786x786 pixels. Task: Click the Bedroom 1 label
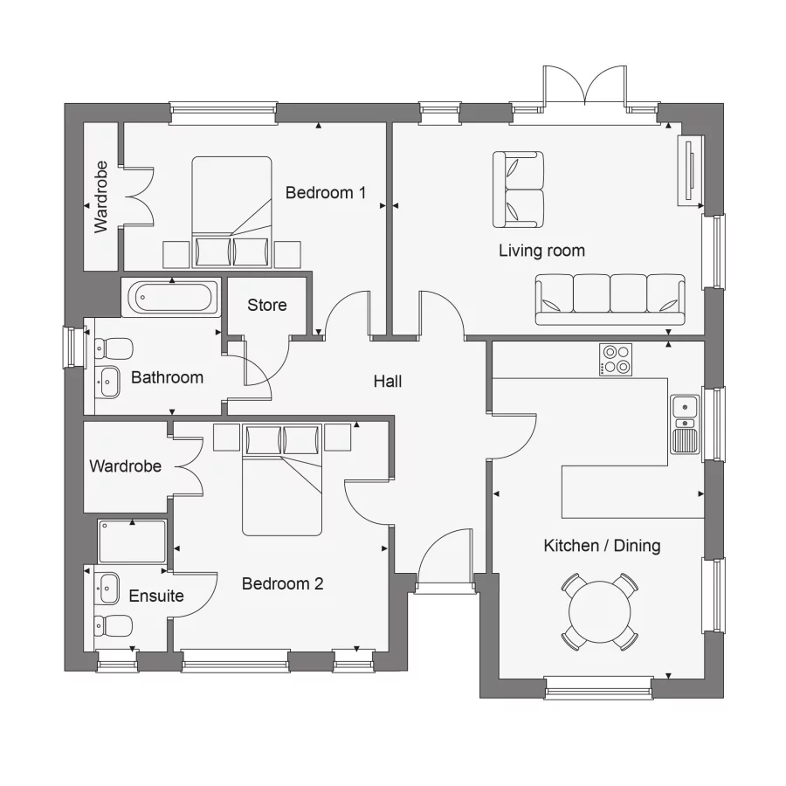[x=325, y=193]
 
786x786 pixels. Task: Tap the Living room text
[x=541, y=252]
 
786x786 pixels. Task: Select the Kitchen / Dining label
[x=602, y=547]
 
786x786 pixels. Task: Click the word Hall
[x=388, y=382]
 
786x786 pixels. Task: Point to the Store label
[x=266, y=305]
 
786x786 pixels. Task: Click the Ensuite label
[x=156, y=596]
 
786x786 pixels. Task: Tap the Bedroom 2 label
[x=282, y=584]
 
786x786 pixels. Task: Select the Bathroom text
[x=167, y=378]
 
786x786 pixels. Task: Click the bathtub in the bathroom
[x=172, y=299]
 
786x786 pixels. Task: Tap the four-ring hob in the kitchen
[x=616, y=360]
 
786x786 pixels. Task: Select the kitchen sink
[x=685, y=424]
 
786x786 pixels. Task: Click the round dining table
[x=600, y=611]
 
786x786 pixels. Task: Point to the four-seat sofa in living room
[x=610, y=297]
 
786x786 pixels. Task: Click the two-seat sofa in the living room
[x=518, y=189]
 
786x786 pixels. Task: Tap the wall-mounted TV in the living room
[x=690, y=172]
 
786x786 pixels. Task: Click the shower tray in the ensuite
[x=132, y=541]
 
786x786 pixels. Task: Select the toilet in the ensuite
[x=113, y=625]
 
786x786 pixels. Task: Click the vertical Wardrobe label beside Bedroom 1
[x=100, y=196]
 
